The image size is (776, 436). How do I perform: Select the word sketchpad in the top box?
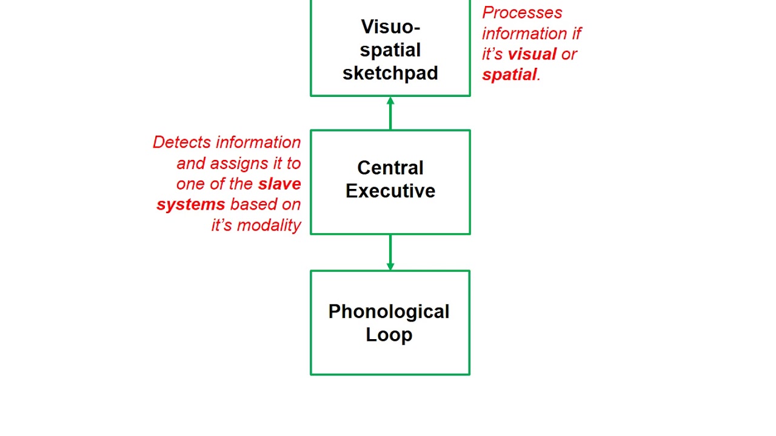click(x=390, y=73)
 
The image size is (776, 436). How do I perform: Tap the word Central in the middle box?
click(x=390, y=168)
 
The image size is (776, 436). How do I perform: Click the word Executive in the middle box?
click(x=390, y=191)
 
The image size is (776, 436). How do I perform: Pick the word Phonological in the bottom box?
click(x=389, y=312)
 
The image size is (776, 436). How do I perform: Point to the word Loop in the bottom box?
click(x=389, y=335)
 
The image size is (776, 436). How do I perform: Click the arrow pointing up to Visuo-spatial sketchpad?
click(x=390, y=113)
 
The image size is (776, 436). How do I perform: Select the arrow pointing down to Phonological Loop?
click(x=390, y=253)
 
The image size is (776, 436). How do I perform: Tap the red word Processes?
click(x=522, y=13)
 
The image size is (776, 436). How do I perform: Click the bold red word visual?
click(x=532, y=54)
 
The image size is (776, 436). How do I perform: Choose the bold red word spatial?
click(x=509, y=74)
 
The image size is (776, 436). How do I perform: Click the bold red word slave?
click(x=279, y=183)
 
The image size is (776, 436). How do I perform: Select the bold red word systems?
click(x=191, y=205)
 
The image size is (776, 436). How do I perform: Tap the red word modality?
click(x=269, y=225)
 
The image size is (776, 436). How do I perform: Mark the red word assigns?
click(x=231, y=163)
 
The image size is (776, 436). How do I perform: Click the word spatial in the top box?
click(x=390, y=50)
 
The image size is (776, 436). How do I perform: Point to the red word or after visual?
click(x=569, y=54)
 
